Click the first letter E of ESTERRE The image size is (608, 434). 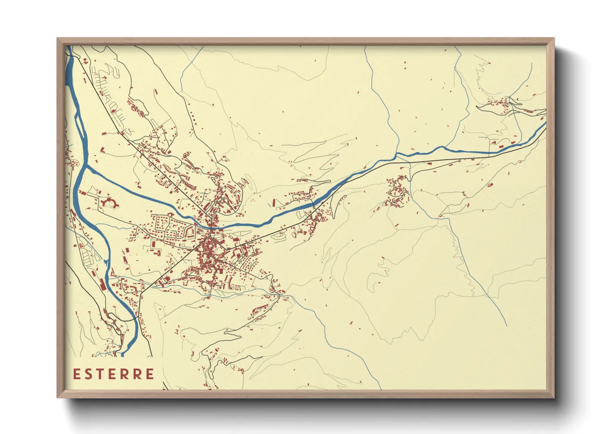tap(77, 374)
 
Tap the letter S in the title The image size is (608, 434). tap(90, 374)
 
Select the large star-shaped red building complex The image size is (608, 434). tap(109, 202)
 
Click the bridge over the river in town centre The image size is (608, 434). tap(210, 225)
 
